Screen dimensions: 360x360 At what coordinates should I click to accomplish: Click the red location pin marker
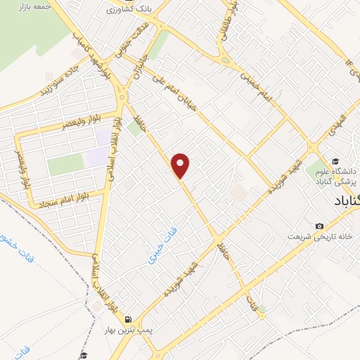pos(181,166)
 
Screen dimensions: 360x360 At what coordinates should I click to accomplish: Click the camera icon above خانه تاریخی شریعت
pos(320,226)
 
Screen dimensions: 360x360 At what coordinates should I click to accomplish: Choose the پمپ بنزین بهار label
pos(130,329)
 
